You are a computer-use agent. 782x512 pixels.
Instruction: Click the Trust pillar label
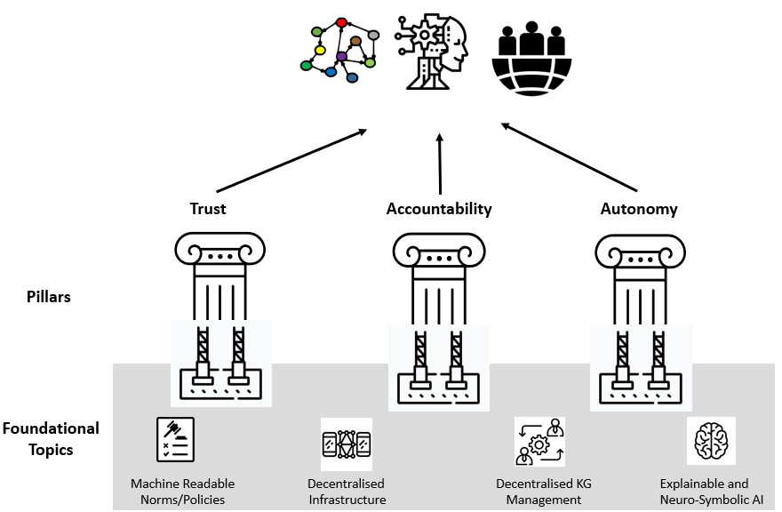tap(208, 210)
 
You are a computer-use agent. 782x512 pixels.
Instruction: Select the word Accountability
tap(439, 210)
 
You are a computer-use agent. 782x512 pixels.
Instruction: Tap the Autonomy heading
tap(639, 210)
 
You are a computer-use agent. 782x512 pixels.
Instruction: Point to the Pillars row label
tap(48, 297)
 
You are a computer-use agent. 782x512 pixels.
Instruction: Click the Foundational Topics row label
tap(51, 439)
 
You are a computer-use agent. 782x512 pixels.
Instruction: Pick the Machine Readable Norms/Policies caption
tap(182, 492)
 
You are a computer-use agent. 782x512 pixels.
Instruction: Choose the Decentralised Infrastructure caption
tap(347, 492)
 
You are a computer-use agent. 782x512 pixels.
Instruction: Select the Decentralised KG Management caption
tap(543, 492)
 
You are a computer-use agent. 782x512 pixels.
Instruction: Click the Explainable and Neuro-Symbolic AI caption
tap(711, 492)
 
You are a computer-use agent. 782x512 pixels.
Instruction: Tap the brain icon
tap(711, 441)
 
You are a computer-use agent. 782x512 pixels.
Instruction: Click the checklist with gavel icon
tap(175, 440)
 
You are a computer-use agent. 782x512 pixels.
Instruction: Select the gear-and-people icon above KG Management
tap(539, 442)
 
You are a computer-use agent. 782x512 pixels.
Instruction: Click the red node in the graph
tap(341, 22)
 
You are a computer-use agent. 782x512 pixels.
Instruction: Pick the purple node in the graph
tap(341, 57)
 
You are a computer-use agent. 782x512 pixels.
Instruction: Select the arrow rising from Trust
tap(291, 161)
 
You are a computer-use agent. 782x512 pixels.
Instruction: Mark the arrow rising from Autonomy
tap(570, 158)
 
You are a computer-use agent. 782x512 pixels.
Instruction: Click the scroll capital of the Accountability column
tap(439, 252)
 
